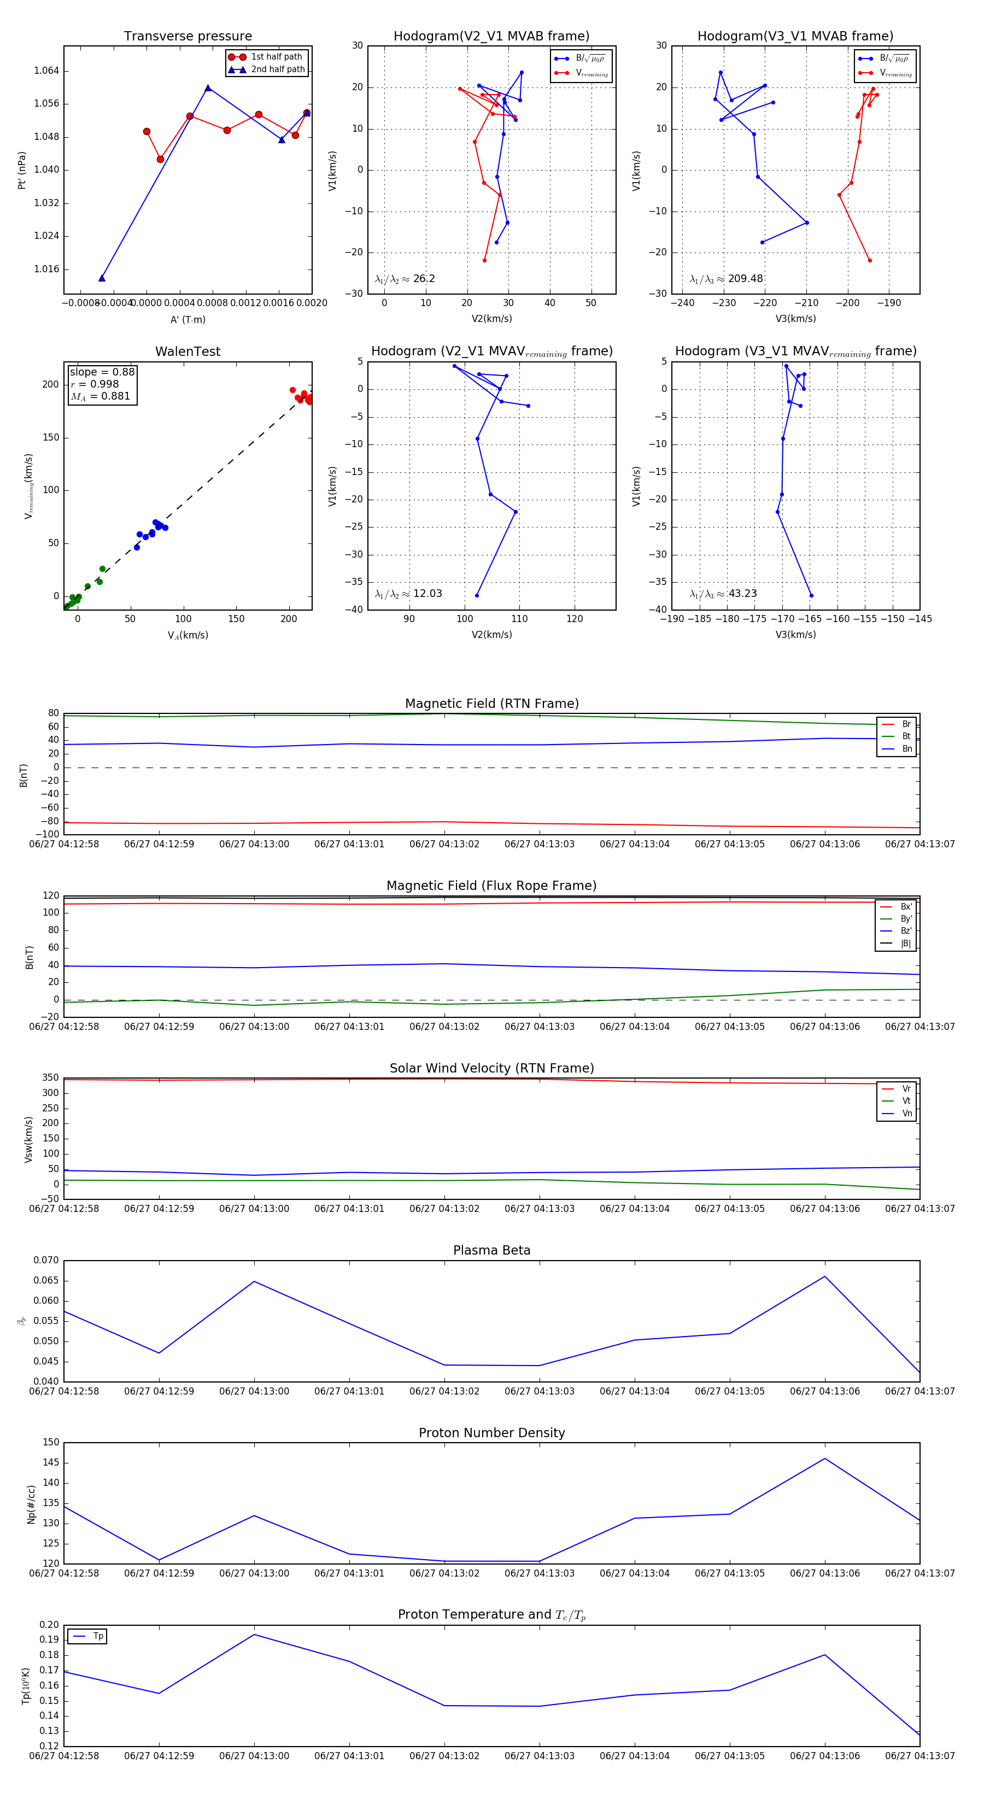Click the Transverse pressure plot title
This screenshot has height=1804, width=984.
(x=188, y=37)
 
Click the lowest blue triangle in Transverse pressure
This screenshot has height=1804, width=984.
(x=102, y=278)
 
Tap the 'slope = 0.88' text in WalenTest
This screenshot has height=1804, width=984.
(x=102, y=372)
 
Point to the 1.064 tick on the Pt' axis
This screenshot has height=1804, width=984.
(x=46, y=71)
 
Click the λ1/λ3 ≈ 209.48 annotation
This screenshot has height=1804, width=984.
(x=727, y=279)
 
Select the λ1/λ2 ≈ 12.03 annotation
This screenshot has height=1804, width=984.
(x=408, y=594)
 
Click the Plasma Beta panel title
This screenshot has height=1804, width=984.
(x=491, y=1250)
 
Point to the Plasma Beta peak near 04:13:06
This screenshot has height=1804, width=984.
(x=824, y=1276)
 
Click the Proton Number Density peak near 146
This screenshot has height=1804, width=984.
(x=824, y=1458)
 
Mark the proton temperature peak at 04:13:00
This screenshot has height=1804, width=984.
(x=254, y=1635)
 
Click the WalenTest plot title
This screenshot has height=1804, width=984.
(x=188, y=352)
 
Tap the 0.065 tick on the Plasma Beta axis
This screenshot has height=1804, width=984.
(x=46, y=1280)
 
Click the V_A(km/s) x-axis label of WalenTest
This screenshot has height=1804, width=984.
(x=188, y=635)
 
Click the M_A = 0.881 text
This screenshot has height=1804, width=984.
(x=100, y=396)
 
